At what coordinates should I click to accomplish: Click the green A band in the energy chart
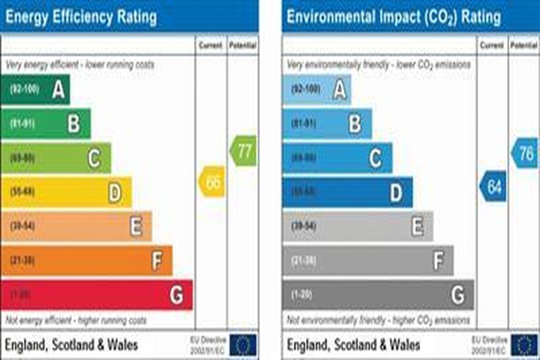pyautogui.click(x=36, y=90)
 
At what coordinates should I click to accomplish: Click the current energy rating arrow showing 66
pyautogui.click(x=212, y=182)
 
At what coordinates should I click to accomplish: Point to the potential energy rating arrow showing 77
pyautogui.click(x=243, y=151)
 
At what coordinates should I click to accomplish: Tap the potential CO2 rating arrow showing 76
pyautogui.click(x=524, y=153)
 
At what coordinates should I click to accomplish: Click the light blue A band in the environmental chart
pyautogui.click(x=317, y=90)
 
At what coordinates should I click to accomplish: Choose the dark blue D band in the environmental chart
pyautogui.click(x=348, y=192)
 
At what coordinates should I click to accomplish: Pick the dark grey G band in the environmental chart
pyautogui.click(x=378, y=295)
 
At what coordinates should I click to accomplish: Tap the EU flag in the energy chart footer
pyautogui.click(x=244, y=344)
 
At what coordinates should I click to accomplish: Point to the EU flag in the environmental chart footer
pyautogui.click(x=525, y=344)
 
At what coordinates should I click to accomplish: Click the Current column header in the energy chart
pyautogui.click(x=211, y=45)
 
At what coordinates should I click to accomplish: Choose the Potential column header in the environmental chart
pyautogui.click(x=524, y=45)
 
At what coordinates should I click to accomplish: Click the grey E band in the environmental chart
pyautogui.click(x=358, y=226)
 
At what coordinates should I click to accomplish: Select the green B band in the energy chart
pyautogui.click(x=46, y=124)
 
